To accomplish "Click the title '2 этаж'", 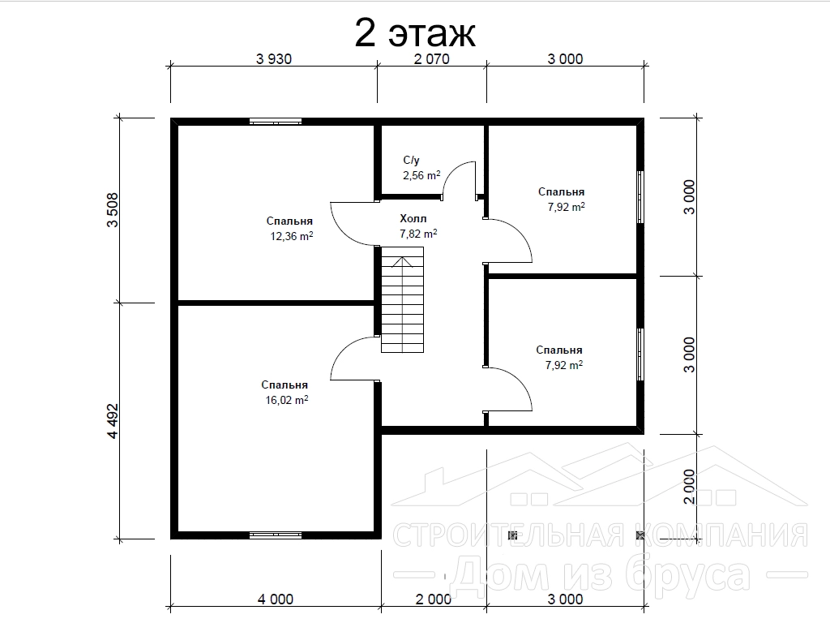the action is click(x=415, y=32).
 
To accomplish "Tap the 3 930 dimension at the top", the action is click(x=274, y=58).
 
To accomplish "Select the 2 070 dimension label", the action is click(x=431, y=58).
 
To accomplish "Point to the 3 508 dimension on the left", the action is click(x=113, y=210).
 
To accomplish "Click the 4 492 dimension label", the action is click(x=113, y=421).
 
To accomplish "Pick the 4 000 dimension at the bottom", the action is click(x=276, y=599).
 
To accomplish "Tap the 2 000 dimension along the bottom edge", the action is click(x=434, y=599).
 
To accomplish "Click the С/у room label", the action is click(x=411, y=160).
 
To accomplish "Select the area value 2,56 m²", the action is click(x=421, y=175).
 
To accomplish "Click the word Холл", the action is click(x=413, y=218).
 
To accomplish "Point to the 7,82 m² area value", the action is click(x=418, y=233).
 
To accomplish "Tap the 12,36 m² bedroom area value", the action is click(x=292, y=236).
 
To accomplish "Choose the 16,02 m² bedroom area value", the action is click(x=286, y=400).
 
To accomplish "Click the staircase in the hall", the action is click(x=402, y=300).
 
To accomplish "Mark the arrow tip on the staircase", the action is click(x=402, y=257).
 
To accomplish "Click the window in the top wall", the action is click(x=276, y=122).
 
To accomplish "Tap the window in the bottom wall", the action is click(x=276, y=535).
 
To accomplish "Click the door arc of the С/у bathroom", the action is click(x=454, y=170).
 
